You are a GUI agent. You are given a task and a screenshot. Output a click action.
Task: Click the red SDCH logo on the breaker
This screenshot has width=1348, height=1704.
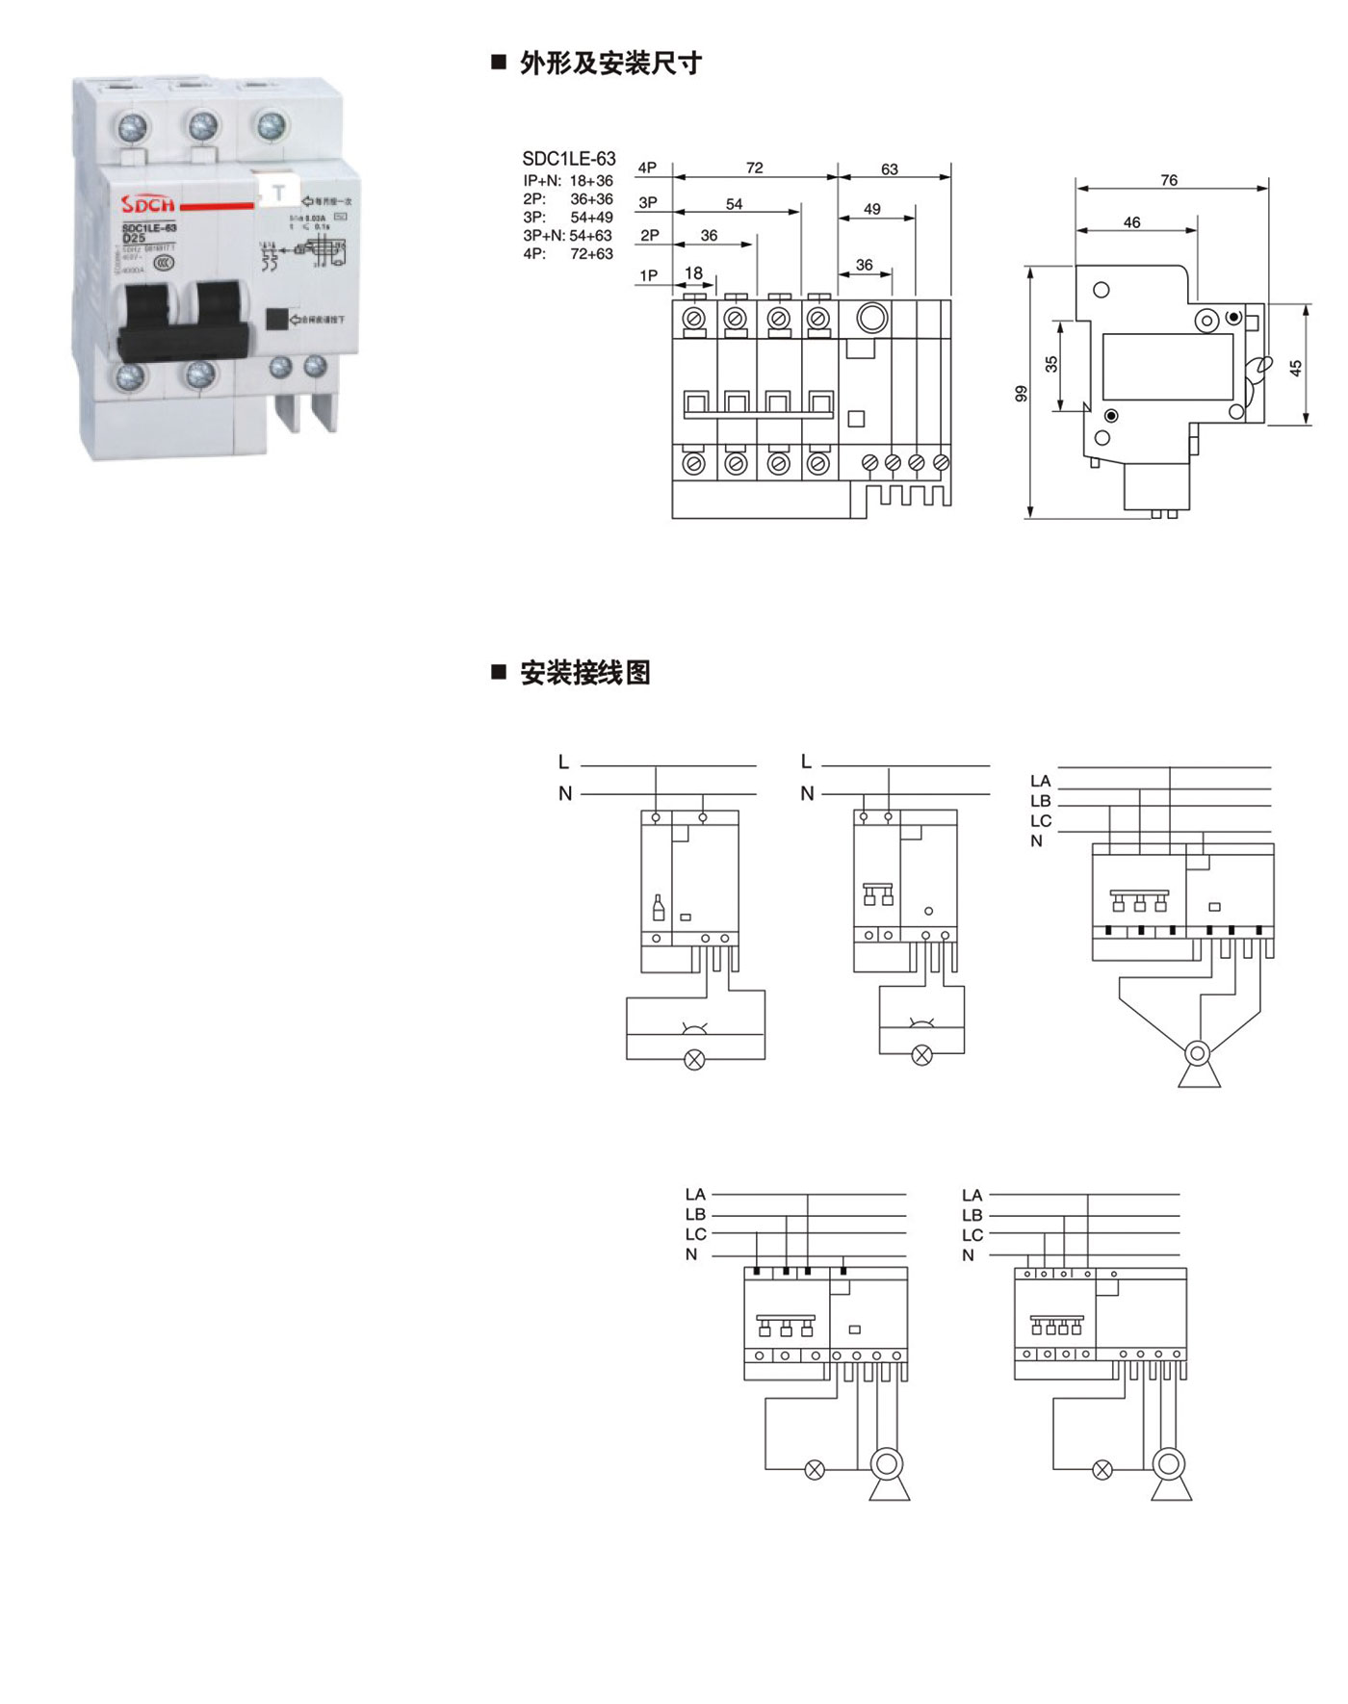point(148,203)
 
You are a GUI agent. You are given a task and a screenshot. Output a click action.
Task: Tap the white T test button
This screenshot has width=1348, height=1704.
point(279,193)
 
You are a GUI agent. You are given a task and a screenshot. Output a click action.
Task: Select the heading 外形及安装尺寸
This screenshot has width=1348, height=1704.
point(610,64)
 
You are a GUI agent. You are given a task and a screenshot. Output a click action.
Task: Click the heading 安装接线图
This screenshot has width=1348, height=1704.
point(584,672)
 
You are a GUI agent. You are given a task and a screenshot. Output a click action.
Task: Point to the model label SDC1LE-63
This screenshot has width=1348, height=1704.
point(568,159)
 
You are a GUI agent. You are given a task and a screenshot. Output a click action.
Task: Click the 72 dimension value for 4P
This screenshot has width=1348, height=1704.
point(754,168)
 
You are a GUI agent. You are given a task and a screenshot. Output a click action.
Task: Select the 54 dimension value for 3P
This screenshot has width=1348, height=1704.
point(734,204)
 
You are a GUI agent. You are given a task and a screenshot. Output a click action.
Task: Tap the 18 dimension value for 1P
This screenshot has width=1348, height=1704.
point(693,273)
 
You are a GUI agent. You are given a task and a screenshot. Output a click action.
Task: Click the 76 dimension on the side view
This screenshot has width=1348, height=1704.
point(1168,180)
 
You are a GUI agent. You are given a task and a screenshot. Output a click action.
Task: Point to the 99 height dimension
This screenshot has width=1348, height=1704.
point(1022,393)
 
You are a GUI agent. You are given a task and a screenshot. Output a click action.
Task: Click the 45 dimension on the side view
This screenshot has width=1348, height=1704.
point(1295,368)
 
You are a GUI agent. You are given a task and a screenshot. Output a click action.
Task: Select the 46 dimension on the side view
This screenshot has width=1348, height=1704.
point(1131,222)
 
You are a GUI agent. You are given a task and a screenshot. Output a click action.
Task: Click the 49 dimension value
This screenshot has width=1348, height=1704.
point(871,209)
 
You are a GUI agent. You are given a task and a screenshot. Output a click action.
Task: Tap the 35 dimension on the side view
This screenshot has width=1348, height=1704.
point(1051,364)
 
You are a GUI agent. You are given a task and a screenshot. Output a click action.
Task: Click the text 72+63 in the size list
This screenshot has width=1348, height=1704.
point(591,254)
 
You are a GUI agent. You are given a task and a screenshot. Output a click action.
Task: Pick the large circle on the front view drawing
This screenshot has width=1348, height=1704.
point(871,318)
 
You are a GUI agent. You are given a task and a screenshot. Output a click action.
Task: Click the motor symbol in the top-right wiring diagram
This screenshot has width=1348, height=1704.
point(1198,1053)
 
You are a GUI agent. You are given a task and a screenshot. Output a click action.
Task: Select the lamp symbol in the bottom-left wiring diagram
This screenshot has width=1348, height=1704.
point(815,1469)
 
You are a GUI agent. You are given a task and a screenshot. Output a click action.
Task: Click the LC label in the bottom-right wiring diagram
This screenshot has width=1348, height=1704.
point(972,1235)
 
